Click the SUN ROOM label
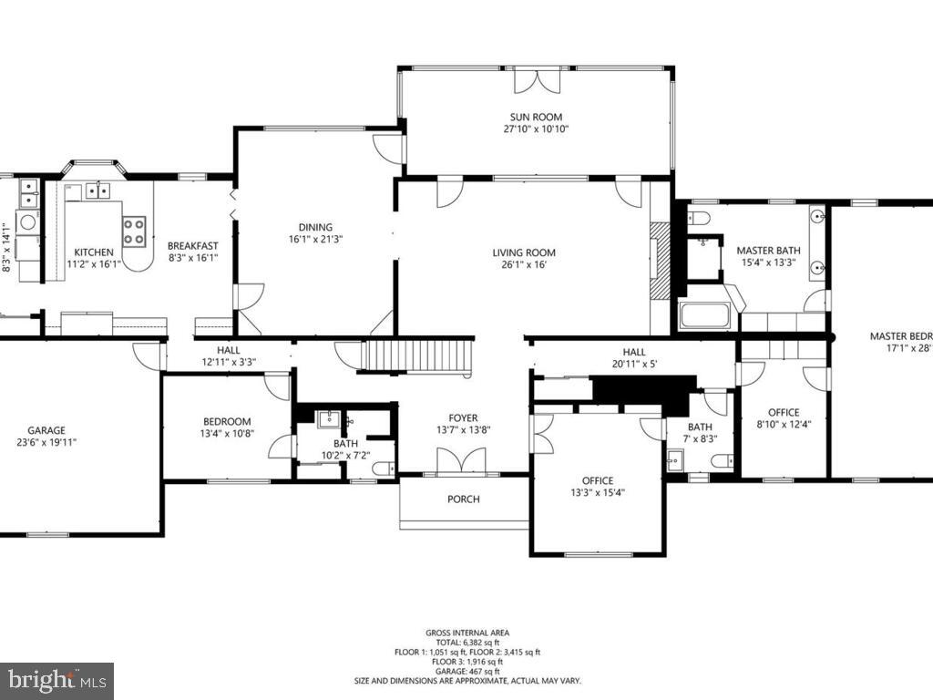(535, 117)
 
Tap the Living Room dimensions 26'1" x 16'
(523, 265)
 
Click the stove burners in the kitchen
(134, 230)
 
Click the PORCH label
(463, 499)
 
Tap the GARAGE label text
(46, 430)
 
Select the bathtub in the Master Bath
(705, 315)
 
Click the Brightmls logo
(56, 680)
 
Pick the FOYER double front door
(461, 462)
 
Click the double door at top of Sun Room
(536, 79)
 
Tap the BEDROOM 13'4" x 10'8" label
(227, 427)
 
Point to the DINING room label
(315, 227)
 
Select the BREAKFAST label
(192, 245)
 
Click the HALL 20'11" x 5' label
(634, 357)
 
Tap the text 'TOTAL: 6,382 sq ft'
(467, 642)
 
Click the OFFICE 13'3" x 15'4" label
(598, 486)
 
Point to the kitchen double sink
(97, 190)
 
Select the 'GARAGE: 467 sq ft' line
(467, 672)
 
